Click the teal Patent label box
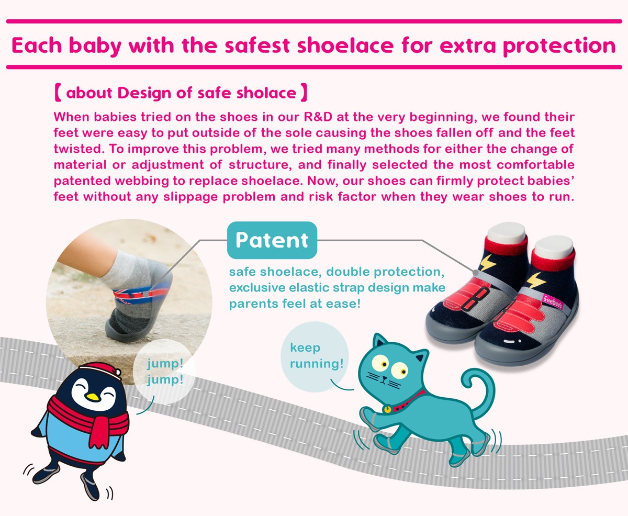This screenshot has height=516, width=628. pyautogui.click(x=272, y=240)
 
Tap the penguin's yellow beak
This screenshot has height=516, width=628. pyautogui.click(x=93, y=397)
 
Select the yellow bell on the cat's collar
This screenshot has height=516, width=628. pyautogui.click(x=387, y=410)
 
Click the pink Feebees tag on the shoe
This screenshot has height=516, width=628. pyautogui.click(x=552, y=301)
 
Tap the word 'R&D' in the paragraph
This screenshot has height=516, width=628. pyautogui.click(x=318, y=117)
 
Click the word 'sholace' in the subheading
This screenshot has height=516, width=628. pyautogui.click(x=266, y=93)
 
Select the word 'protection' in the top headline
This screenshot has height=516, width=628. pyautogui.click(x=559, y=46)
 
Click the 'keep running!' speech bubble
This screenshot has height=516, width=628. pyautogui.click(x=315, y=356)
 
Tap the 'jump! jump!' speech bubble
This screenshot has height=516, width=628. pyautogui.click(x=164, y=371)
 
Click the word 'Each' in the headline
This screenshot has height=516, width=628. pyautogui.click(x=37, y=46)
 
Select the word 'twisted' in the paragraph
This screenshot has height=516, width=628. pyautogui.click(x=79, y=149)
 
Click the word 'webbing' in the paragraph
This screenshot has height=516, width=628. pyautogui.click(x=142, y=181)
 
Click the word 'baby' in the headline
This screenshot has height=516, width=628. pyautogui.click(x=95, y=46)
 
